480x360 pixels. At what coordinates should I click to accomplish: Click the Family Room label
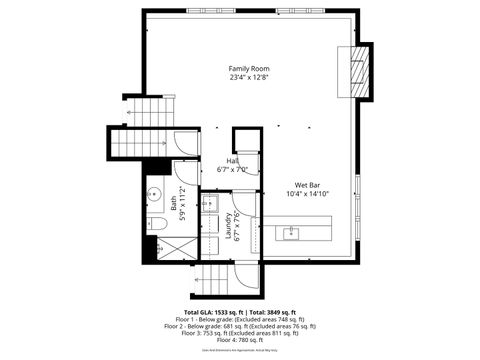[249, 68]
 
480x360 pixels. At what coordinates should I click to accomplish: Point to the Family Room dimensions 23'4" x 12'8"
[249, 77]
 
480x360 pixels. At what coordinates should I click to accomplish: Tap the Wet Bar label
[306, 185]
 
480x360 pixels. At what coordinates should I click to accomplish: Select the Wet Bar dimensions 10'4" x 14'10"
[306, 194]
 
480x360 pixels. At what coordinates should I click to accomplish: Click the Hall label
[232, 160]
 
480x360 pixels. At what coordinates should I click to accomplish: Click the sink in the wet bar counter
[291, 234]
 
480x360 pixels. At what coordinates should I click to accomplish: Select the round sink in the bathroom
[156, 194]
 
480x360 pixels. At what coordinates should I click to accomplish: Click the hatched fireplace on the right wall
[359, 72]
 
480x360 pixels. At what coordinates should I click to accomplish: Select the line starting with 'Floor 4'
[239, 339]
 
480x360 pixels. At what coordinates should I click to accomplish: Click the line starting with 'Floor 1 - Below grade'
[240, 319]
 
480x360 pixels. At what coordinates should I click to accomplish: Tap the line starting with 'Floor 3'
[240, 332]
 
